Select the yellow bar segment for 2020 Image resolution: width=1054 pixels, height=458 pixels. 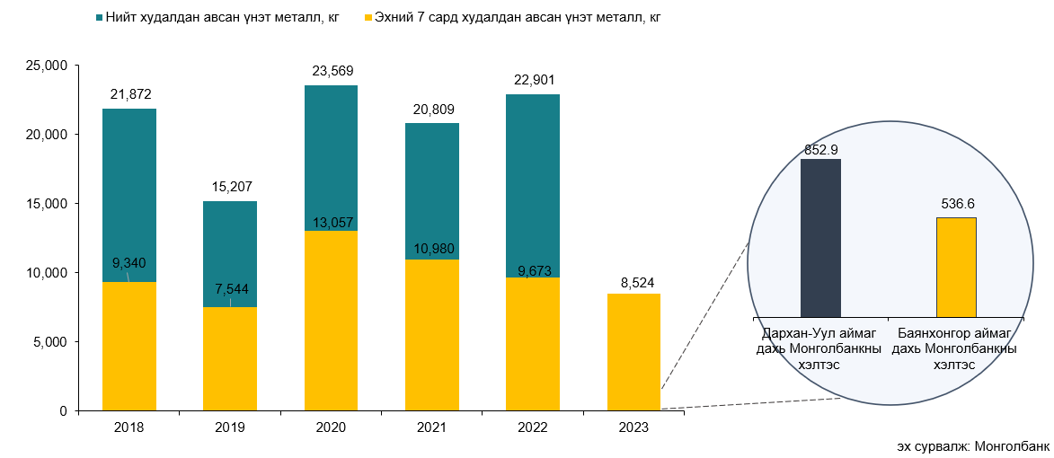[332, 321]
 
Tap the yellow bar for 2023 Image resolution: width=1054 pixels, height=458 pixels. [633, 352]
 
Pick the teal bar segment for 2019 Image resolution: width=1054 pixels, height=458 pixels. [230, 254]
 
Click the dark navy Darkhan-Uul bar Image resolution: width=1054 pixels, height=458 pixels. [820, 238]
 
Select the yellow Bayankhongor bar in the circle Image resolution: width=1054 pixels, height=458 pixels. [956, 267]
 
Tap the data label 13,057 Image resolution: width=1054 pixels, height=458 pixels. [332, 223]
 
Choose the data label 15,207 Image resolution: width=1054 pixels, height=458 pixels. [230, 189]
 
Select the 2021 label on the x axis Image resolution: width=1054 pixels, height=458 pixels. [432, 428]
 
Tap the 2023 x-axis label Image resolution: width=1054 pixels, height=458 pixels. [633, 428]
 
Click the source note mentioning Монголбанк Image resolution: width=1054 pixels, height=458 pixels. [971, 446]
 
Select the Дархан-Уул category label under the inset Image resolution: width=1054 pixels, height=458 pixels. [818, 348]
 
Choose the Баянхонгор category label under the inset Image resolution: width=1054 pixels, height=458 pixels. [954, 348]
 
